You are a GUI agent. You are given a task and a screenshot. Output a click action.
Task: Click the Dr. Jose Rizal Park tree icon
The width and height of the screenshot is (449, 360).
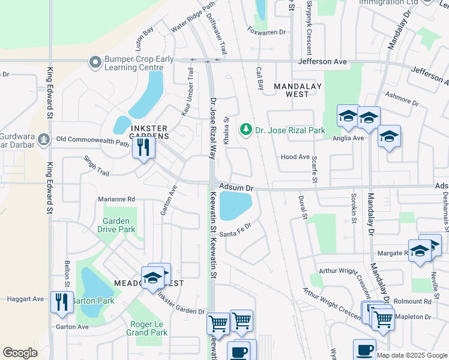click(x=245, y=130)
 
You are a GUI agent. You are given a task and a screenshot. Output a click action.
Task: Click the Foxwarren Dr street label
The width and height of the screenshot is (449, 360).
click(x=266, y=32)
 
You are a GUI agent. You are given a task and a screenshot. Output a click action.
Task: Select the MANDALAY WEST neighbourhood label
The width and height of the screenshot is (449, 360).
click(x=291, y=90)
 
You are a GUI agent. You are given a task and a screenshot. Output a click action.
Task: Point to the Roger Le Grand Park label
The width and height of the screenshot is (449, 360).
click(x=147, y=328)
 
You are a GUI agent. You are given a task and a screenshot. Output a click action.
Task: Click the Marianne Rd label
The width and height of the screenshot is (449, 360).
click(x=118, y=199)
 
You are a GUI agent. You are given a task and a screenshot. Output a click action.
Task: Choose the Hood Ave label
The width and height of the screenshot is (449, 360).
click(x=295, y=157)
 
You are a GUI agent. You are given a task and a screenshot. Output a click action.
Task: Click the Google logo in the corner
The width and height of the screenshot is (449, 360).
click(x=20, y=353)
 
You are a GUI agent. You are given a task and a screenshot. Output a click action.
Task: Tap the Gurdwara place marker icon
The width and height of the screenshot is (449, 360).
click(x=43, y=140)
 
